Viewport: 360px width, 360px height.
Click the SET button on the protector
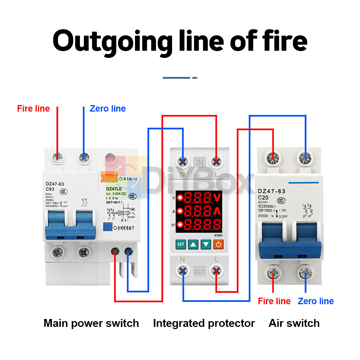(181, 244)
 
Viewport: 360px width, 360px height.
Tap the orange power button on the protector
(219, 244)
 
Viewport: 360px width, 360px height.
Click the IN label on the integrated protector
(200, 162)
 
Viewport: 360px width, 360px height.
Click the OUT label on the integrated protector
(200, 271)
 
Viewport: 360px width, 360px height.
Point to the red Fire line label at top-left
(33, 108)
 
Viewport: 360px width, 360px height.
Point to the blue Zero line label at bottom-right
(316, 301)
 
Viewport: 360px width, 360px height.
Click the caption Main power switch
(91, 323)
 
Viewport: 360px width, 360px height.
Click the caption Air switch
(294, 323)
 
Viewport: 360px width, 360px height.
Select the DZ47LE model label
(113, 188)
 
